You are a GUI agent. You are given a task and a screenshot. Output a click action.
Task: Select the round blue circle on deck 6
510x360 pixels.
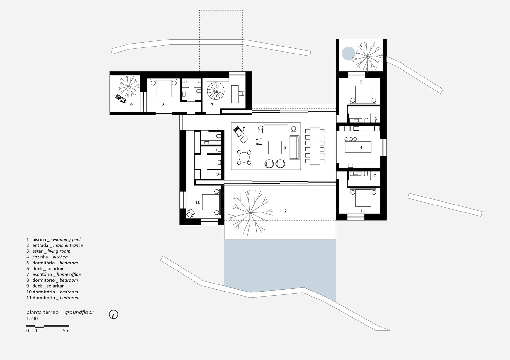click(x=348, y=53)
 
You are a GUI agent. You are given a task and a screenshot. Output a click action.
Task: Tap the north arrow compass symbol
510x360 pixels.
click(x=113, y=314)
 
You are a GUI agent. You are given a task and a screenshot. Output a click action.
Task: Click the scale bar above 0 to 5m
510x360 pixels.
click(x=48, y=326)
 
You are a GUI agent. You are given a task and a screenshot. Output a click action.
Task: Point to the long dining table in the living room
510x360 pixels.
click(x=315, y=146)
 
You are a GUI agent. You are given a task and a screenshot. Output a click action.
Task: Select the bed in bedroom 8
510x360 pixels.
click(x=163, y=89)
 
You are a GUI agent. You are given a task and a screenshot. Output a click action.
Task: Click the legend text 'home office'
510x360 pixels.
click(x=69, y=274)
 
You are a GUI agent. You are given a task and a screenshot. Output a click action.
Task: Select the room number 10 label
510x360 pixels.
click(x=198, y=202)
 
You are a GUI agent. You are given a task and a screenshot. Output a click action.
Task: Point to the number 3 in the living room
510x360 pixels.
click(x=285, y=148)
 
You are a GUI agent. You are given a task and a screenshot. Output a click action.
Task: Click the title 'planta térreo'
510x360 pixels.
click(x=42, y=313)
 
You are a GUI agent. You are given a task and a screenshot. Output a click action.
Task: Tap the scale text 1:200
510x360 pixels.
click(x=32, y=318)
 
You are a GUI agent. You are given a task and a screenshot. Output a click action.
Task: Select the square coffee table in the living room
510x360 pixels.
click(x=275, y=148)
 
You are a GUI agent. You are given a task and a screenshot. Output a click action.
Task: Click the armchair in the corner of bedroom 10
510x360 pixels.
click(x=191, y=212)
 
